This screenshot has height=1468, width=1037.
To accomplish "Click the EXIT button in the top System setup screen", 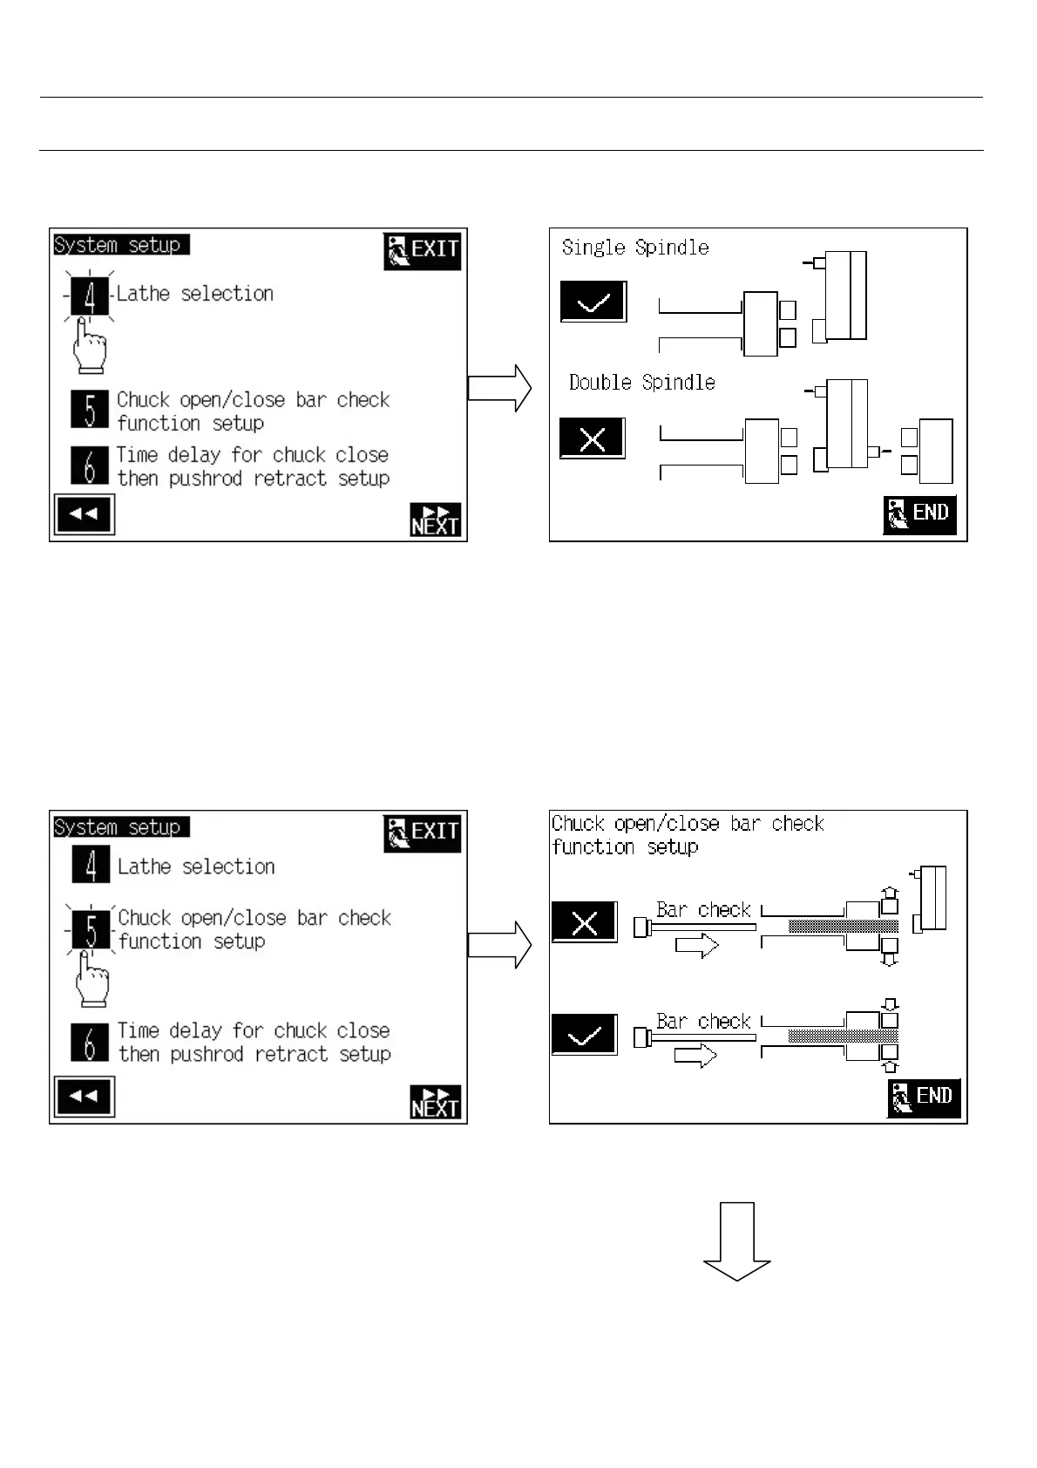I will (422, 251).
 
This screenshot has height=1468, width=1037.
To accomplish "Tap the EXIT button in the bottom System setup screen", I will (422, 833).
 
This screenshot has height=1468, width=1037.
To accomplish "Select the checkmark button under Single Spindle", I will (593, 302).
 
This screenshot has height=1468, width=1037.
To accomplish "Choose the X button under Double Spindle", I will (593, 438).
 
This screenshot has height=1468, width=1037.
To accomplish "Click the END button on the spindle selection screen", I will (919, 514).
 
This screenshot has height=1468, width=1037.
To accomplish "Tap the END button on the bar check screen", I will (924, 1097).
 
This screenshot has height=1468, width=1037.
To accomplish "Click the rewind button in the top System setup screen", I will (84, 514).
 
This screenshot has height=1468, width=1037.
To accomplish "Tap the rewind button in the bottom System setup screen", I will (84, 1097).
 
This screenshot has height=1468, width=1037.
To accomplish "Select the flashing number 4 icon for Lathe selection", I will (90, 296).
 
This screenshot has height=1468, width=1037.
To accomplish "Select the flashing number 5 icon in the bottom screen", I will (91, 929).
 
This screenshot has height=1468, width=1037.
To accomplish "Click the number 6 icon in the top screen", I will (90, 465).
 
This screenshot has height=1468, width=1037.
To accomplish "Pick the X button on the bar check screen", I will (585, 922).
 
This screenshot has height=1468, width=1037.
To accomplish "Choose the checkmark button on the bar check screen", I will (585, 1036).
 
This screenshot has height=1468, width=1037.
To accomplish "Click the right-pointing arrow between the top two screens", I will (499, 388).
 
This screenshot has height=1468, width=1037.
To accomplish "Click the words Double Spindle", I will (641, 383).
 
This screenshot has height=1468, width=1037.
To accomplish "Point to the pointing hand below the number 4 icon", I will (89, 346).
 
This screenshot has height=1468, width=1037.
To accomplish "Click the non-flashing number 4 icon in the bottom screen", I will (91, 865).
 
